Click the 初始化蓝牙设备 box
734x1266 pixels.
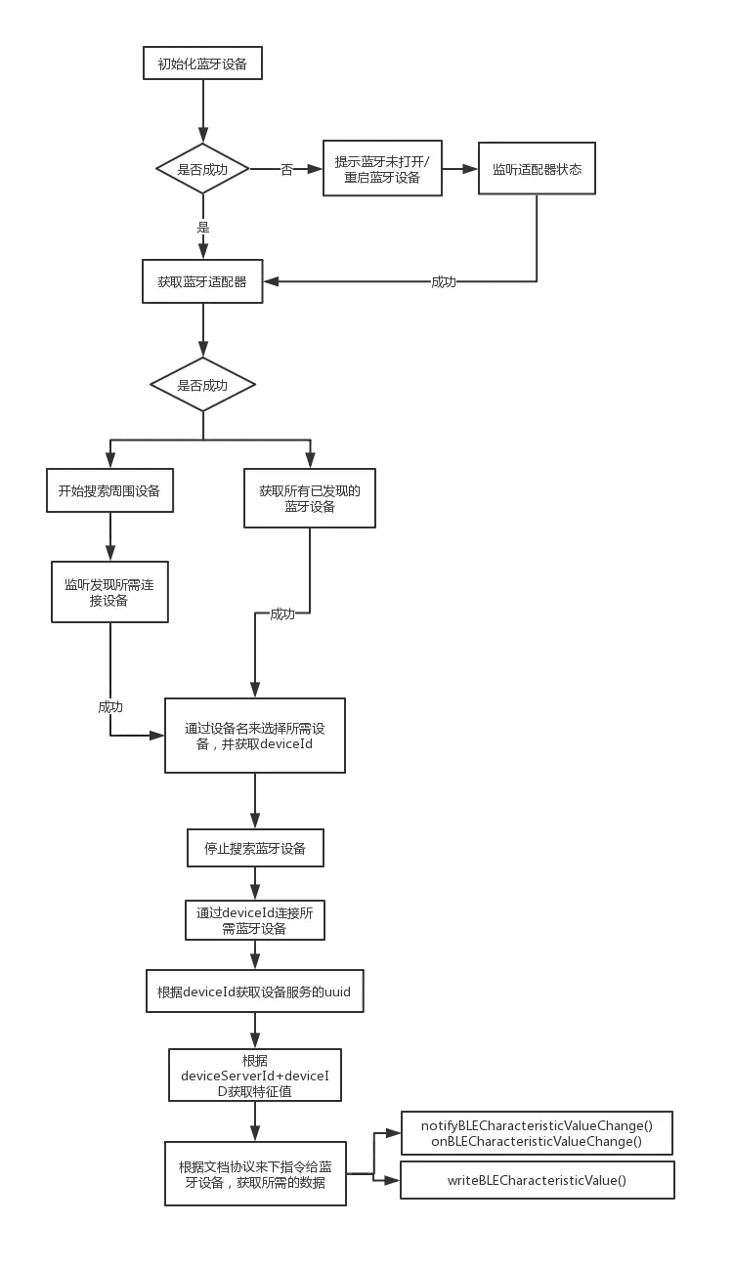coord(202,65)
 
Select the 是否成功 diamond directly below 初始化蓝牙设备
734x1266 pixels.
coord(202,169)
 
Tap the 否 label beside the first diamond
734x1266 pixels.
coord(286,170)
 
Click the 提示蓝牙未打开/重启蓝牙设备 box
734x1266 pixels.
coord(382,169)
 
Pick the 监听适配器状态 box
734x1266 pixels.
coord(537,169)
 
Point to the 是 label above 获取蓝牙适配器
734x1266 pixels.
coord(203,228)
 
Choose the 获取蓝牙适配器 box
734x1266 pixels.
coord(202,281)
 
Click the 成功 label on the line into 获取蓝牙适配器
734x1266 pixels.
coord(444,281)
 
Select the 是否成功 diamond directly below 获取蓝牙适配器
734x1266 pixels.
coord(202,386)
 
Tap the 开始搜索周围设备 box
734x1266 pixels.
coord(108,491)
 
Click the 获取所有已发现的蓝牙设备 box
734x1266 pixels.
coord(310,499)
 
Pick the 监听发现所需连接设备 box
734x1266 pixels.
coord(109,592)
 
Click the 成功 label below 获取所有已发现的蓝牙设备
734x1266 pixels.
coord(281,614)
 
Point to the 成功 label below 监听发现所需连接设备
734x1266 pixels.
coord(109,706)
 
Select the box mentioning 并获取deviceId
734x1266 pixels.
coord(255,736)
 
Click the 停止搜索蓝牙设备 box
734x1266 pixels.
coord(255,848)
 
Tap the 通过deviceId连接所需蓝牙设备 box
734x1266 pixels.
coord(255,920)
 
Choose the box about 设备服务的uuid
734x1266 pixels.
coord(254,992)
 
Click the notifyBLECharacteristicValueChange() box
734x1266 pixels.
coord(537,1133)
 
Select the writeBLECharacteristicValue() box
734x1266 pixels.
coord(537,1180)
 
